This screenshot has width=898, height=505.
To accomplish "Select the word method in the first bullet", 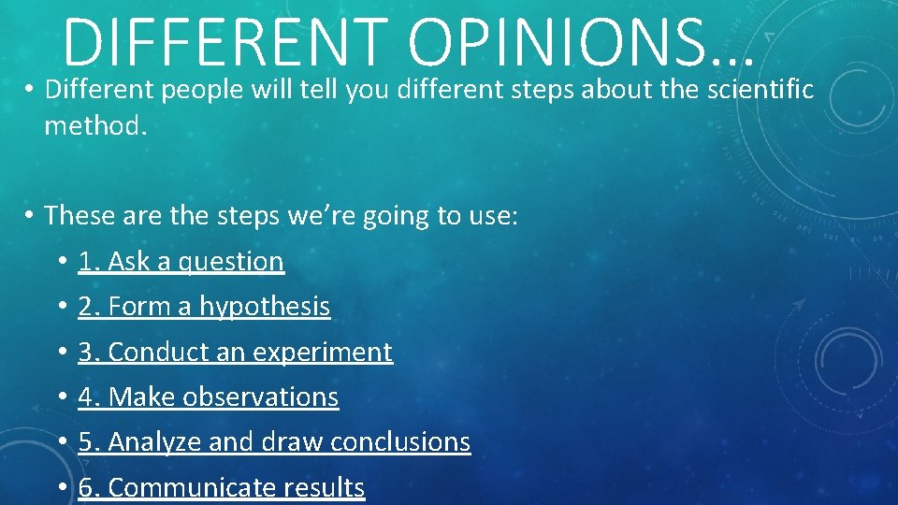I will click(x=92, y=125).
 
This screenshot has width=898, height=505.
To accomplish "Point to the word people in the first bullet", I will click(x=197, y=90).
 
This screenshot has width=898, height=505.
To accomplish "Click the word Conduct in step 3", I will click(x=156, y=353).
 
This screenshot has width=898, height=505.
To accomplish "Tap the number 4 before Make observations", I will click(x=86, y=397).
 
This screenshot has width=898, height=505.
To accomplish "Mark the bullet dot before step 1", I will click(x=59, y=263).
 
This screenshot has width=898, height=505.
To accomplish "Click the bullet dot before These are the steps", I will click(x=30, y=217).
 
